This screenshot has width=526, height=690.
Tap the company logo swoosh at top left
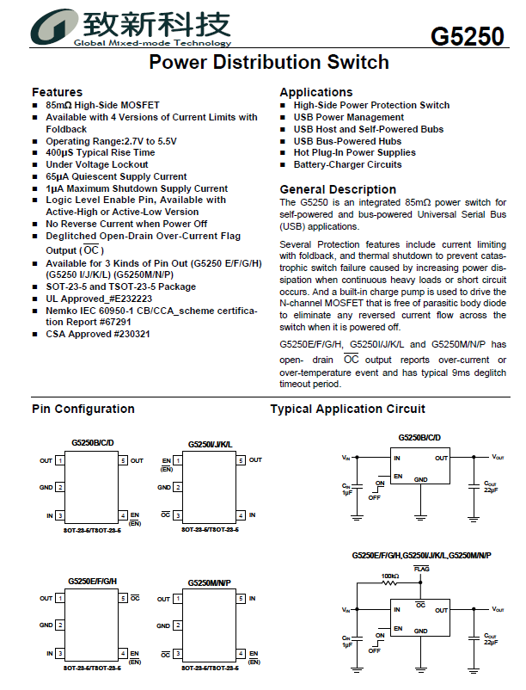click(x=52, y=26)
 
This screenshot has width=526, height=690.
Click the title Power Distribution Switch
click(x=268, y=63)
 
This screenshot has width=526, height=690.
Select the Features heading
click(x=57, y=92)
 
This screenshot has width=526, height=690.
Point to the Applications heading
click(x=315, y=92)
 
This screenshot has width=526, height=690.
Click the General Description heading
click(x=338, y=189)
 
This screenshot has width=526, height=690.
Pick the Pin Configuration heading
click(x=83, y=409)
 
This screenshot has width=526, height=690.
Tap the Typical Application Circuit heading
click(x=347, y=409)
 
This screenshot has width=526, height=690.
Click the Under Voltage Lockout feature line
click(x=97, y=164)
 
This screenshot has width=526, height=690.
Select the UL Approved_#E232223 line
click(x=104, y=299)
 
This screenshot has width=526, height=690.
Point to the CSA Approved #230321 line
click(x=98, y=334)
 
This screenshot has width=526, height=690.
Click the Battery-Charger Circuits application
click(x=347, y=164)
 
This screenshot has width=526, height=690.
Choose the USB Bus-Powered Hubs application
click(x=347, y=141)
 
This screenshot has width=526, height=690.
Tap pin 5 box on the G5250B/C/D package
click(x=124, y=461)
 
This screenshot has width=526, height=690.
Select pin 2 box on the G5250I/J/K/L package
click(x=179, y=488)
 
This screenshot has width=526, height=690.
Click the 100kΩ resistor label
click(x=390, y=576)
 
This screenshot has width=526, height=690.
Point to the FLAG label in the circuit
click(x=421, y=569)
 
